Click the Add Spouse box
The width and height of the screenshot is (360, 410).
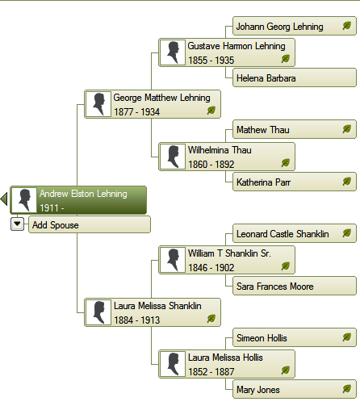pos(90,224)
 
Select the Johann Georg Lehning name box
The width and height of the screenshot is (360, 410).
pos(295,26)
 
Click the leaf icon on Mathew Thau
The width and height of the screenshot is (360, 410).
pos(347,129)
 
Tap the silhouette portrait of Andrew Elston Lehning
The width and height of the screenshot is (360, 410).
pos(24,200)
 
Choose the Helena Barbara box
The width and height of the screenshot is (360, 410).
pos(295,77)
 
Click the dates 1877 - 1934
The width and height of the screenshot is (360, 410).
pos(137,112)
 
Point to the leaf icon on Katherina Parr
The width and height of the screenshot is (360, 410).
pos(347,182)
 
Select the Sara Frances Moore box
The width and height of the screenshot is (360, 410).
pos(295,286)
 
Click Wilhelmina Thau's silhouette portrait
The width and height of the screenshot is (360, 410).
pos(173,157)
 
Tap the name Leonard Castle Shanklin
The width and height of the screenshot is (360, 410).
pos(283,234)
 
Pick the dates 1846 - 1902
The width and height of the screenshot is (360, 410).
pos(211,268)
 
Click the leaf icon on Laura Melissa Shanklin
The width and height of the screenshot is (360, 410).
pos(211,319)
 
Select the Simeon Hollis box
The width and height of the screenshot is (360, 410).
pos(295,337)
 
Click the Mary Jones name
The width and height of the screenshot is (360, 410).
pos(258,390)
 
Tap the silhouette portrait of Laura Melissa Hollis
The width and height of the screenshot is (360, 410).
pos(173,364)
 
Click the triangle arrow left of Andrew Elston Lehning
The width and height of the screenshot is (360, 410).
pos(4,199)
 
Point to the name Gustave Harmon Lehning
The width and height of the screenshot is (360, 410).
pos(237,46)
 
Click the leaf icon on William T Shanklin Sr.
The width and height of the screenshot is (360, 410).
pos(286,266)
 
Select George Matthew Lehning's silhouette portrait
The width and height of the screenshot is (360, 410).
pos(98,104)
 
